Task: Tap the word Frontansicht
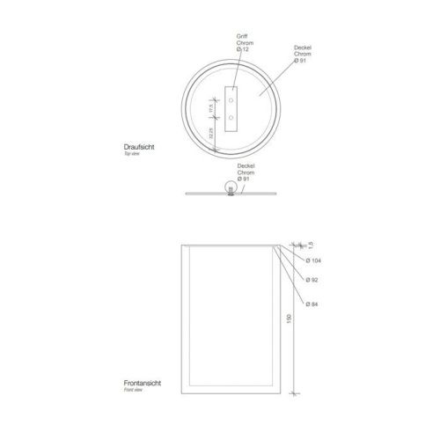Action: click(143, 384)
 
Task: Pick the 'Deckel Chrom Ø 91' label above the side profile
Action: click(246, 172)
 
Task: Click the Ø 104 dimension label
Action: click(314, 261)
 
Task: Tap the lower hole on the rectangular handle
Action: click(231, 115)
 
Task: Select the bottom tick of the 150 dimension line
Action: click(297, 392)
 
